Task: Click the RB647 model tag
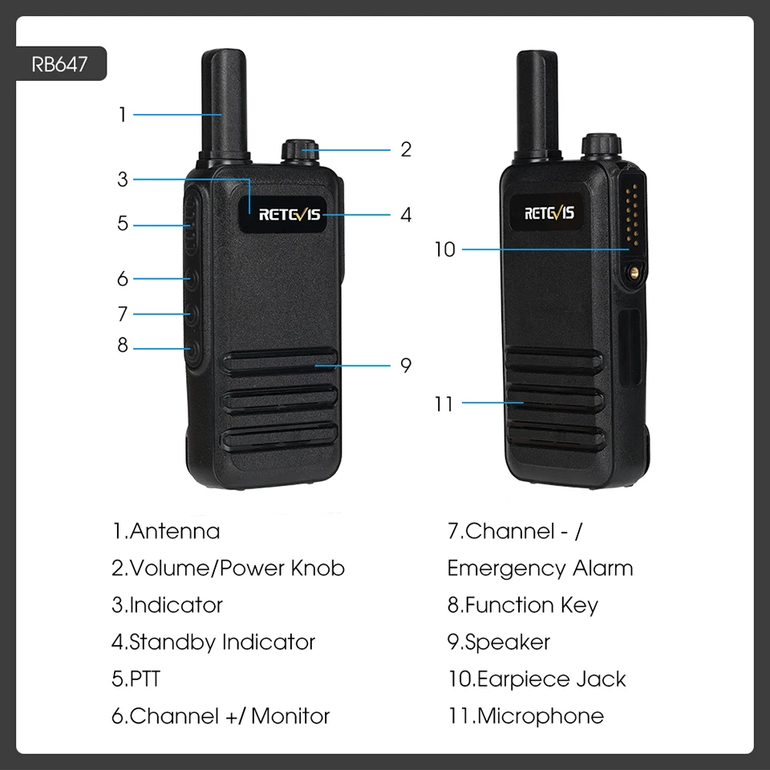[60, 64]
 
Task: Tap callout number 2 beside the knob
[406, 149]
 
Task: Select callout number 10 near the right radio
[445, 249]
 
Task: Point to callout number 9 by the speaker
[406, 365]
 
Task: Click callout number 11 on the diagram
[444, 404]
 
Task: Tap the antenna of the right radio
[537, 104]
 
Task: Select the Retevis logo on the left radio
[290, 215]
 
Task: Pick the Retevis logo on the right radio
[549, 213]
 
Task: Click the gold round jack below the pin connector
[634, 272]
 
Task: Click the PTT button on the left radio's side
[191, 224]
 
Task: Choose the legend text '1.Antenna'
[166, 531]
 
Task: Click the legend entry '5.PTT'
[136, 679]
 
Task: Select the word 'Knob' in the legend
[318, 568]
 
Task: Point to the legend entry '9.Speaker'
[498, 642]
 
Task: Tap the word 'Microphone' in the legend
[540, 716]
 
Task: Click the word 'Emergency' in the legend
[506, 569]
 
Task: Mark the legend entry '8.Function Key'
[522, 606]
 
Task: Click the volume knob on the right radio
[602, 146]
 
